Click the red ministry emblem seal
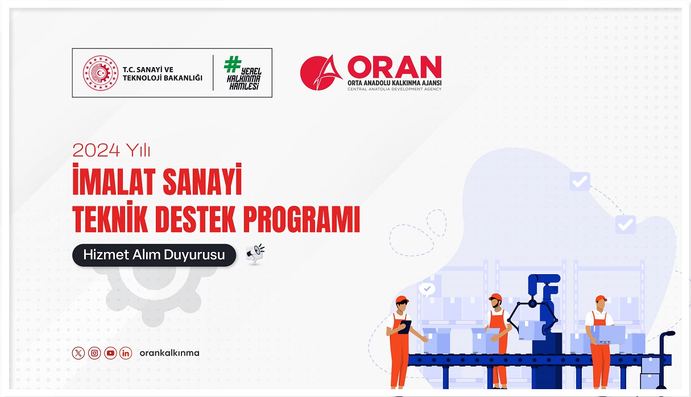(100, 73)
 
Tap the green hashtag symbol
(232, 64)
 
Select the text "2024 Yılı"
(111, 150)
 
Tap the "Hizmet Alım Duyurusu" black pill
(154, 255)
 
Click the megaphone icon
(255, 254)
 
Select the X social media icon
(78, 353)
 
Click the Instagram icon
(94, 353)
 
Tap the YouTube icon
(110, 353)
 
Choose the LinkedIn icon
(126, 353)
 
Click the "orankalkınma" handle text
(169, 353)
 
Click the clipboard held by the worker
(404, 326)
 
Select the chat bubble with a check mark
(426, 289)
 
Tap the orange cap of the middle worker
(495, 297)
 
